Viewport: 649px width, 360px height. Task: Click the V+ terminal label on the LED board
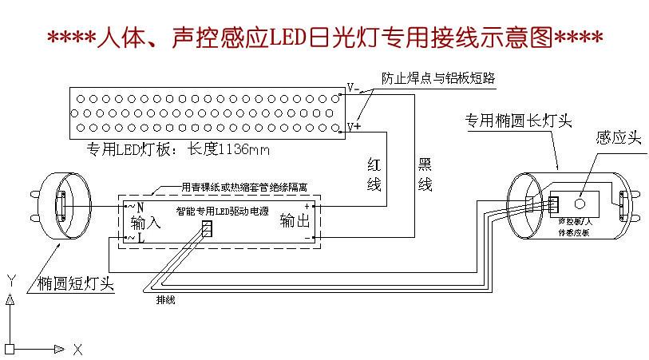tap(354, 127)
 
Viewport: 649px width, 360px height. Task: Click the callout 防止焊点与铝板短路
tap(438, 79)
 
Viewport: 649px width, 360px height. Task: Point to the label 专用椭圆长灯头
tap(519, 121)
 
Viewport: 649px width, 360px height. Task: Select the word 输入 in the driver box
tap(146, 223)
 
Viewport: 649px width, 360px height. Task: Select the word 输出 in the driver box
tap(294, 221)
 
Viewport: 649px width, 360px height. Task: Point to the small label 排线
tap(165, 300)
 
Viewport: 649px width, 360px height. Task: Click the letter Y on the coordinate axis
tap(11, 280)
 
